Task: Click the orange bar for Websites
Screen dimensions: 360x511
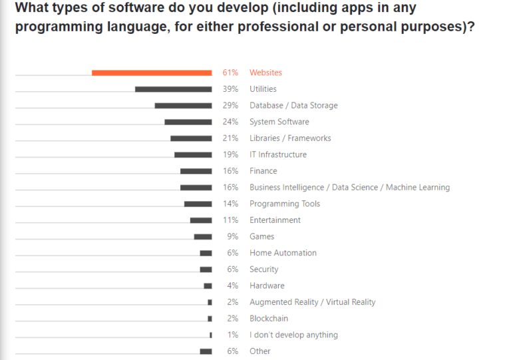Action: coord(152,73)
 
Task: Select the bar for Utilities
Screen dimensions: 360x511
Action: coord(173,89)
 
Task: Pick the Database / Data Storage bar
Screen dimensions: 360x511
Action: coord(183,105)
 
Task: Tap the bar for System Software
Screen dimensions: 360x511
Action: coord(188,122)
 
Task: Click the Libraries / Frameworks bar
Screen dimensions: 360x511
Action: coord(191,138)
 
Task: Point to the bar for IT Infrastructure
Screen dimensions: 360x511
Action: coord(193,154)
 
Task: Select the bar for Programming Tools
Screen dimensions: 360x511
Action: coord(198,204)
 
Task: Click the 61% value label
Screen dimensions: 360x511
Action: coord(230,73)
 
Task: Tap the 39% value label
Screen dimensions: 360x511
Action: coord(230,89)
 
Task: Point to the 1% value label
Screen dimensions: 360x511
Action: coord(232,335)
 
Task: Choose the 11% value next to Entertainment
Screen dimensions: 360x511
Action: coord(230,220)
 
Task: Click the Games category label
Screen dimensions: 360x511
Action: coord(261,236)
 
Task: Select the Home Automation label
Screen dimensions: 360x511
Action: coord(283,253)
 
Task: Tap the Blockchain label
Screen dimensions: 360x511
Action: coord(269,319)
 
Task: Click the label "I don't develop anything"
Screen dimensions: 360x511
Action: coord(293,335)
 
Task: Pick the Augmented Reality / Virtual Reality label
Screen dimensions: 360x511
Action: coord(312,302)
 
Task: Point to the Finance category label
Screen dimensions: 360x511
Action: coord(263,171)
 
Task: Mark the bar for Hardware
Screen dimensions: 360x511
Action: coord(208,285)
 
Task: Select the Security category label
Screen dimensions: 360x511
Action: coord(264,270)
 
